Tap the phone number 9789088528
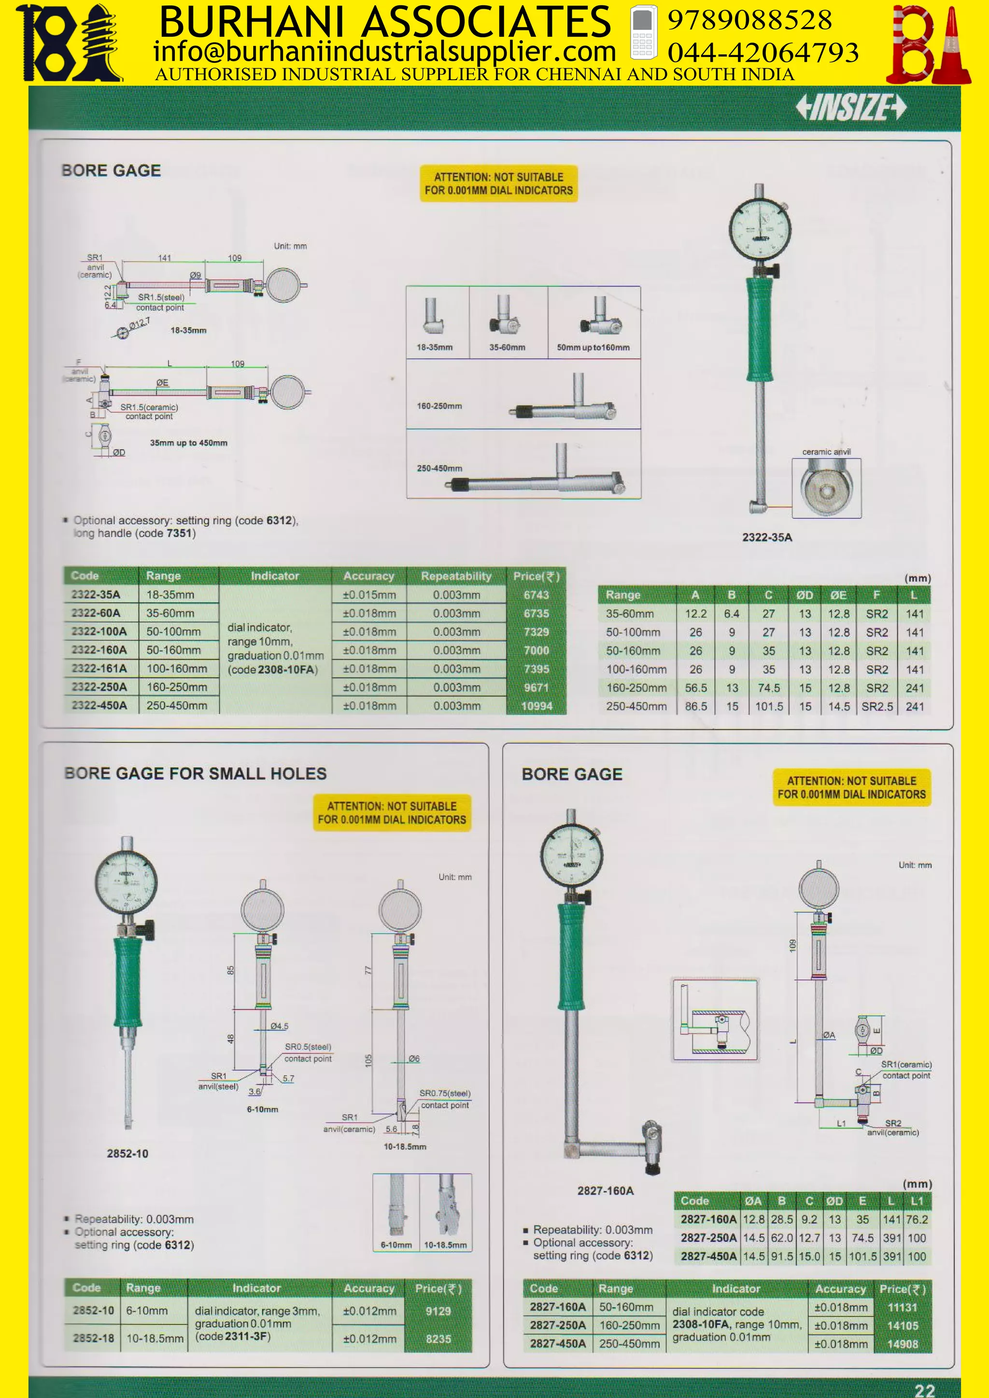749,20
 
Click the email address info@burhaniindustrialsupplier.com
384,52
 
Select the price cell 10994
537,706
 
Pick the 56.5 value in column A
695,688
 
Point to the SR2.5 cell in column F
877,706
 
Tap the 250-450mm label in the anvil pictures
439,468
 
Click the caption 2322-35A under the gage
767,537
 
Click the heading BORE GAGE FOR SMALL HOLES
196,773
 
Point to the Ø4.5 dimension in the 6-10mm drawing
279,1026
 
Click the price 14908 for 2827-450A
902,1344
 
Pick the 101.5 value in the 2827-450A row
862,1256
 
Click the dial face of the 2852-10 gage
126,881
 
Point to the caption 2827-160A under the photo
606,1190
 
